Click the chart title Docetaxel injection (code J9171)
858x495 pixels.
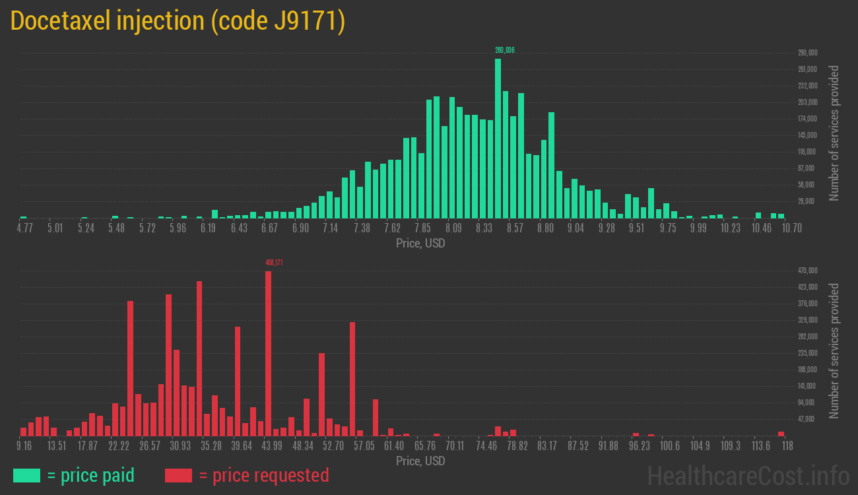coord(178,21)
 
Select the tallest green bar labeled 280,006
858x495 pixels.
coord(498,139)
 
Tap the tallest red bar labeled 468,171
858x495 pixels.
coord(268,353)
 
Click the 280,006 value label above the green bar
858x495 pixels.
coord(504,50)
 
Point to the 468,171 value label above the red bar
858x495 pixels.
coord(274,263)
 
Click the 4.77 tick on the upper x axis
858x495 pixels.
coord(24,228)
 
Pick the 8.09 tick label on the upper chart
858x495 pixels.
coord(453,228)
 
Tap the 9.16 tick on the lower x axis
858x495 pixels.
coord(24,446)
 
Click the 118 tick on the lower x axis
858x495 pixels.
coord(787,446)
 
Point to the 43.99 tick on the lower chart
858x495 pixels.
coord(271,446)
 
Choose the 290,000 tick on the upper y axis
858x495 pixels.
coord(808,53)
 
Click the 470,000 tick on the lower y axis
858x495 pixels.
coord(808,271)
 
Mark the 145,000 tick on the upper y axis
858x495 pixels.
coord(808,135)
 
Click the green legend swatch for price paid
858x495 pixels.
coord(26,475)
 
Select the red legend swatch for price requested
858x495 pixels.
coord(178,475)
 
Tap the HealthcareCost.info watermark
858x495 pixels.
coord(748,475)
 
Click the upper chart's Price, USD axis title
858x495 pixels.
coord(420,244)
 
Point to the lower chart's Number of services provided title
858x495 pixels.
coord(834,351)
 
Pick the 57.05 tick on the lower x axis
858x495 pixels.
coord(364,446)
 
